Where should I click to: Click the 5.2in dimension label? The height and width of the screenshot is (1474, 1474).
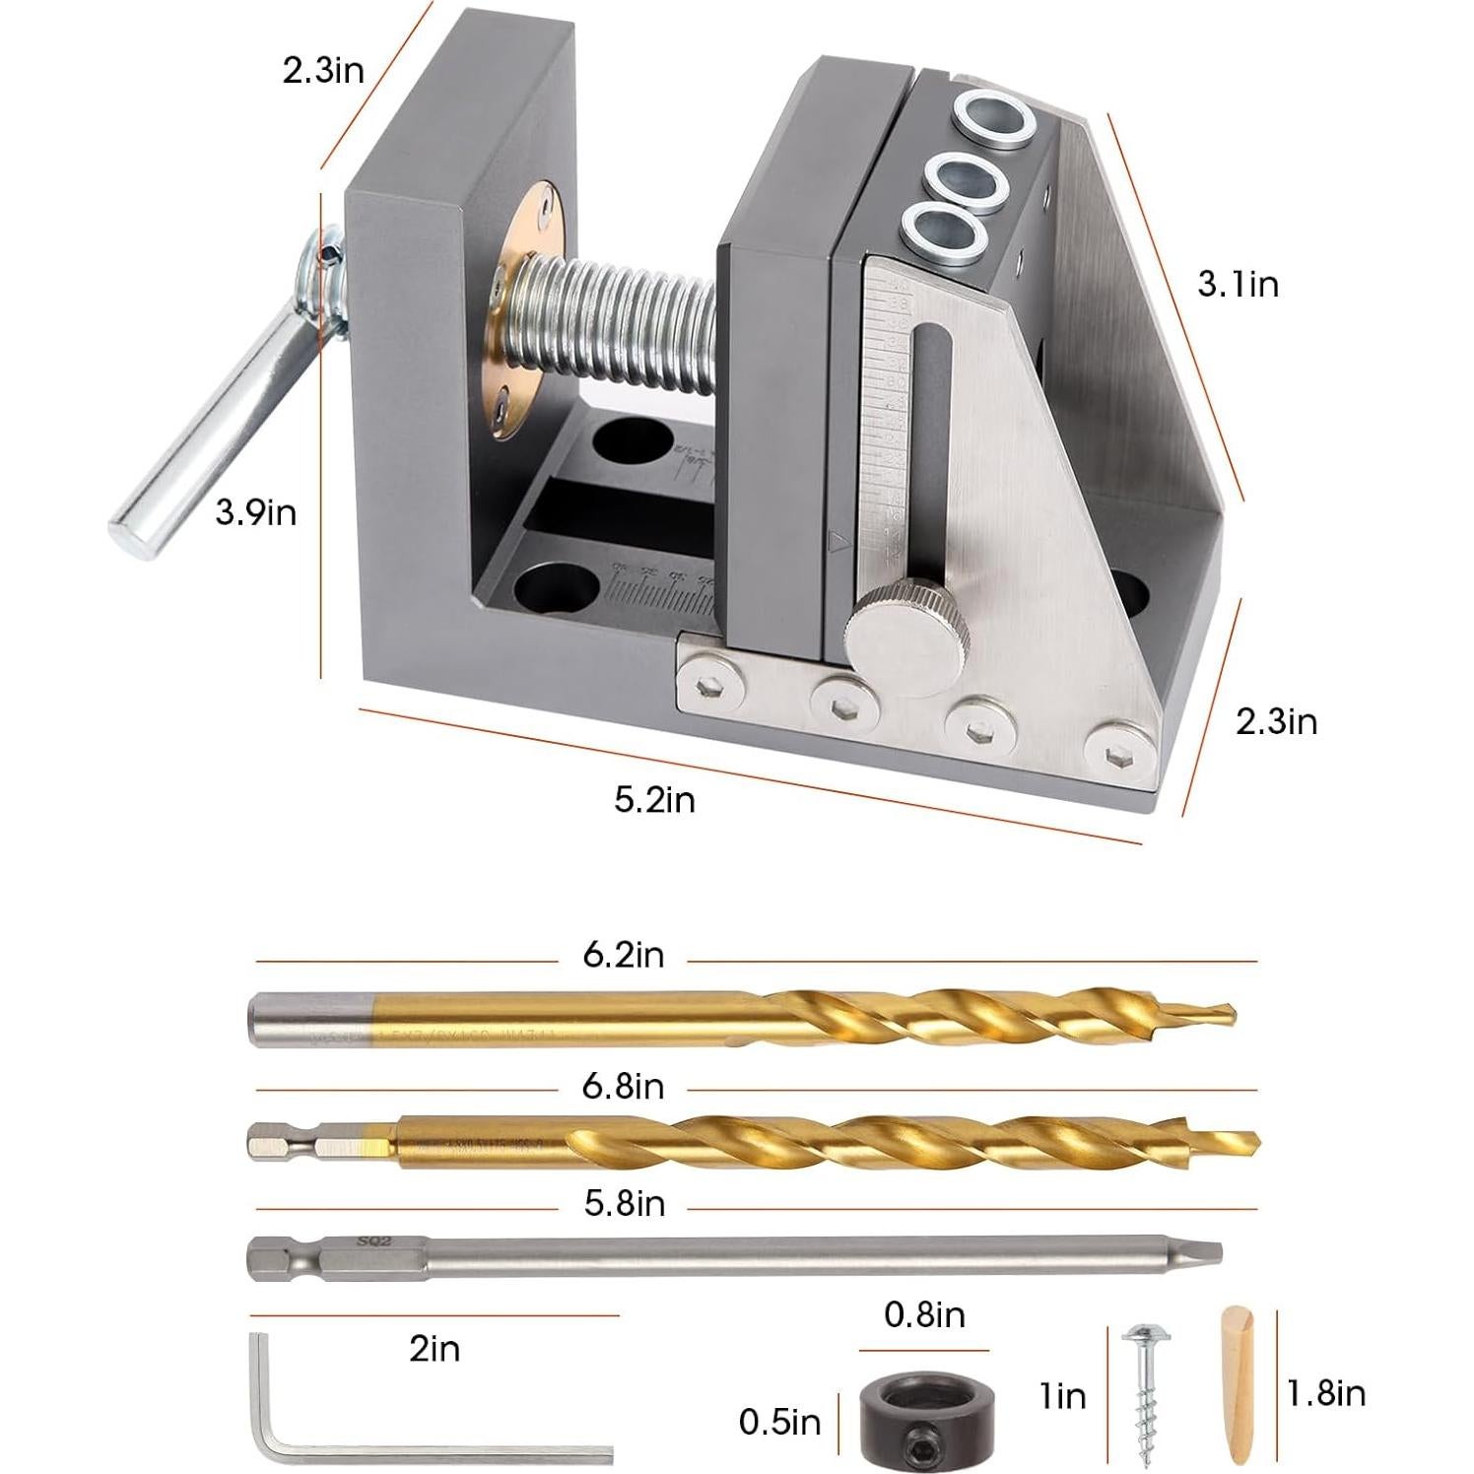[x=654, y=800]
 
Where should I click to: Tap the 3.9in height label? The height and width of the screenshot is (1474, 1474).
[x=256, y=512]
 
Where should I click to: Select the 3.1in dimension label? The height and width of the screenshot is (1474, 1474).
[x=1238, y=285]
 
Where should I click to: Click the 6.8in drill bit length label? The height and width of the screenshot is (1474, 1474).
[x=623, y=1087]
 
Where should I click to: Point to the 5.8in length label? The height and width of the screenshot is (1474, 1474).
[x=624, y=1204]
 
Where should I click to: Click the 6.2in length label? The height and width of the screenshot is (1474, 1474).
[x=623, y=955]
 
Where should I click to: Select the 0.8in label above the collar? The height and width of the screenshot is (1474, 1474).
[x=923, y=1315]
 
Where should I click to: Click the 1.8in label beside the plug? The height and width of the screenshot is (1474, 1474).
[x=1325, y=1393]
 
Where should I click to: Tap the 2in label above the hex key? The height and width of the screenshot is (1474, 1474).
[x=435, y=1349]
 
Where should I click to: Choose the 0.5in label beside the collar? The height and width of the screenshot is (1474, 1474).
[x=778, y=1422]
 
